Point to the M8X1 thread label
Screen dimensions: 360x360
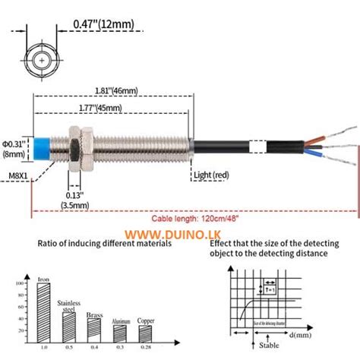pos(16,176)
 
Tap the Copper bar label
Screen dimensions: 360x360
pos(147,321)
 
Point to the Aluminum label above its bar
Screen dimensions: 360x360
pos(121,321)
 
